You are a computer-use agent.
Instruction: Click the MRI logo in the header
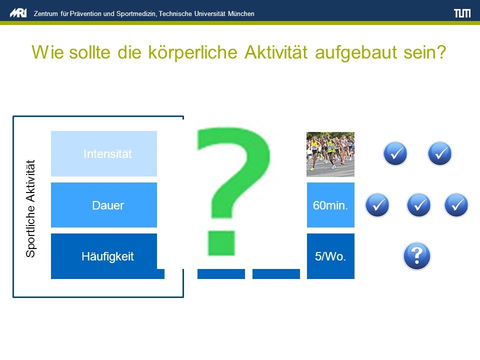[x=18, y=13]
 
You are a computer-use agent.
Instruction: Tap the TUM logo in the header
[x=462, y=13]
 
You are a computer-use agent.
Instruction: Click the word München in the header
[x=241, y=14]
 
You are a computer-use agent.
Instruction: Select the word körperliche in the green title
[x=192, y=52]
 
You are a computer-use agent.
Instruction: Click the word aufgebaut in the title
[x=355, y=52]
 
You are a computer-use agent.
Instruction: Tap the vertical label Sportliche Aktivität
[x=30, y=208]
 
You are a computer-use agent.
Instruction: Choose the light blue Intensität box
[x=104, y=153]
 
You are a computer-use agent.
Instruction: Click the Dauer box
[x=104, y=205]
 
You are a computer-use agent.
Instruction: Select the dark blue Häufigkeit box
[x=104, y=256]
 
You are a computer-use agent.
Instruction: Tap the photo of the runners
[x=330, y=154]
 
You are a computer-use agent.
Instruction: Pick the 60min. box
[x=330, y=205]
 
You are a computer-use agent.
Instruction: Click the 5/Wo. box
[x=330, y=256]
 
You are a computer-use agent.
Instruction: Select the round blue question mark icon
[x=416, y=256]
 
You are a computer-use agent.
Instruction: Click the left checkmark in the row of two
[x=395, y=153]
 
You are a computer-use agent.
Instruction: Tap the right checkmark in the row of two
[x=439, y=153]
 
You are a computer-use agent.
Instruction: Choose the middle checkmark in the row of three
[x=418, y=205]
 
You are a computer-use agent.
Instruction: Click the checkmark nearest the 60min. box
[x=377, y=205]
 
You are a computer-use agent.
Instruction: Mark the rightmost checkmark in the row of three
[x=456, y=205]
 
